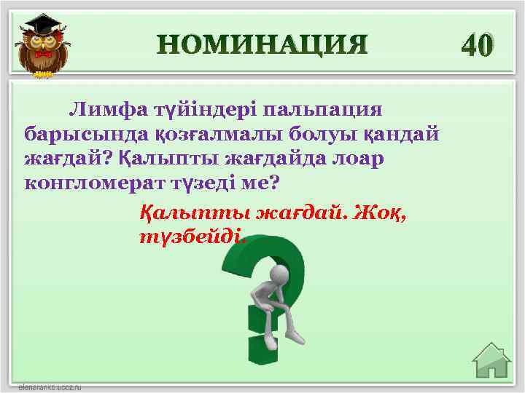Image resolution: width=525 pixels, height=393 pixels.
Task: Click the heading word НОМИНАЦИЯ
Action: click(262, 45)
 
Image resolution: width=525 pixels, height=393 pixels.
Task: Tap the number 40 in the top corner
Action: click(478, 45)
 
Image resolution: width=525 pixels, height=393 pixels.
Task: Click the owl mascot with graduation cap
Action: click(41, 45)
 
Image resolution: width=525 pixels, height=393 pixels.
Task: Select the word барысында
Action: click(74, 134)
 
